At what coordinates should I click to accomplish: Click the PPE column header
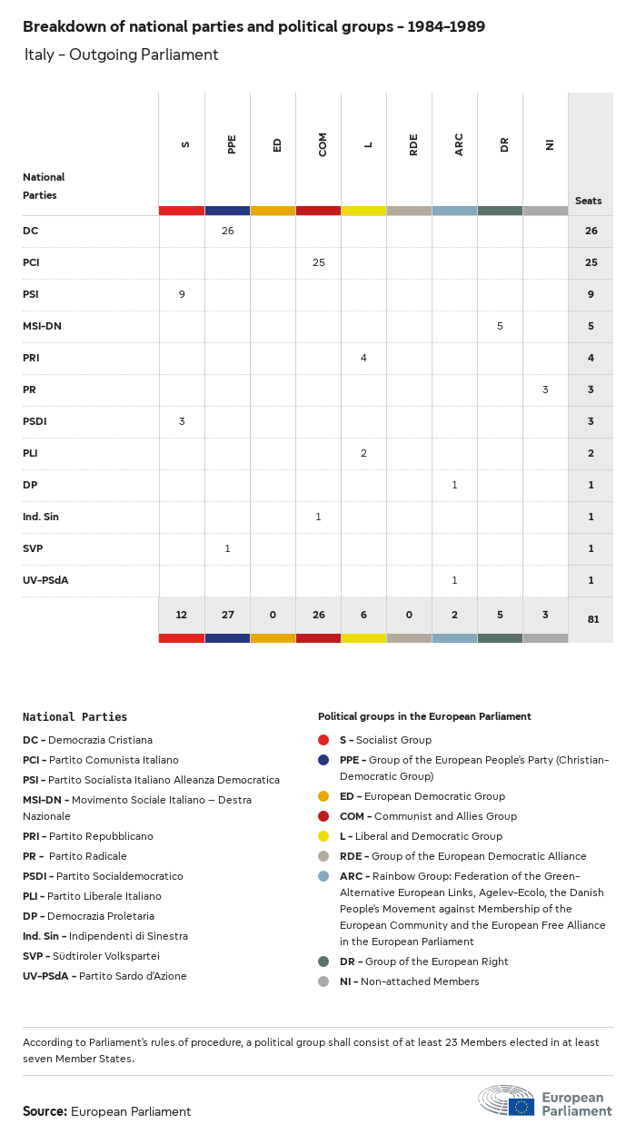coord(232,144)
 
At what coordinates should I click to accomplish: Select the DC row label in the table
coord(31,231)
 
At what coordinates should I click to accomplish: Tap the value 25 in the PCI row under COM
coord(318,262)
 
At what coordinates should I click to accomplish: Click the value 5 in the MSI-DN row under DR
coord(500,326)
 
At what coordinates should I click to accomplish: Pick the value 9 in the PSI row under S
coord(182,294)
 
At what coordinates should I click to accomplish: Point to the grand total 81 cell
coord(591,619)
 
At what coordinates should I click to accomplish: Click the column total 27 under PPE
coord(227,615)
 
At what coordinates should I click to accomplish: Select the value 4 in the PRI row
coord(363,358)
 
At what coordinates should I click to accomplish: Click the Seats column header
coord(588,201)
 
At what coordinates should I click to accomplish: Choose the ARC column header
coord(459,144)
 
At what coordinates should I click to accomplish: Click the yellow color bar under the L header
coord(363,211)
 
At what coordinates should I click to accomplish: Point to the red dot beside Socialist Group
coord(323,740)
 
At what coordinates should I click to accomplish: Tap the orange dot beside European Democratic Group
coord(323,796)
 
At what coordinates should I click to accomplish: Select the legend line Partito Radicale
coord(75,856)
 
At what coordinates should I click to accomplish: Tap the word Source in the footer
coord(45,1111)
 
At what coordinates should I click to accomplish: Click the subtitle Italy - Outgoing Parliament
coord(121,54)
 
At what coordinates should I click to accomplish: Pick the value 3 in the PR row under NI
coord(545,390)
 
